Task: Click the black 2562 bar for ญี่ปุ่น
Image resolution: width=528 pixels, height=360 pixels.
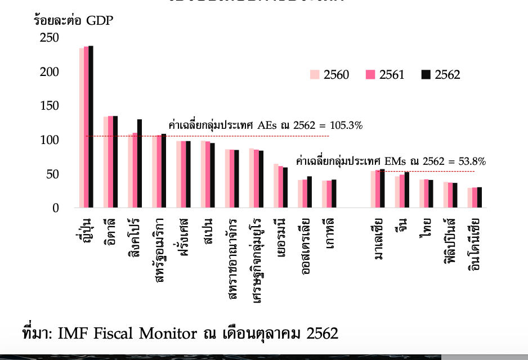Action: tap(91, 127)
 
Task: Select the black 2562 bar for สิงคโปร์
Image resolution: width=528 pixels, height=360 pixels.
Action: tap(139, 163)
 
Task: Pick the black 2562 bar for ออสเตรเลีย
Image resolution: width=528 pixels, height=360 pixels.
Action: tap(309, 192)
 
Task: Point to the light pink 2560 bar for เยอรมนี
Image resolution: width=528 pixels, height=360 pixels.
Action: tap(276, 186)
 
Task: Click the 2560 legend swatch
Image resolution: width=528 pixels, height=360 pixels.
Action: tap(315, 75)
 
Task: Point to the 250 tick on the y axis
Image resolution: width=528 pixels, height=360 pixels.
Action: tap(50, 38)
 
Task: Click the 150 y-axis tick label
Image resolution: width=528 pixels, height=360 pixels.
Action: tap(50, 106)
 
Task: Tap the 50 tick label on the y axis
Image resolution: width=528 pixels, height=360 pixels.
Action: tap(53, 174)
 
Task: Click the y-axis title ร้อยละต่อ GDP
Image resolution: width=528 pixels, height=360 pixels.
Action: tap(73, 21)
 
